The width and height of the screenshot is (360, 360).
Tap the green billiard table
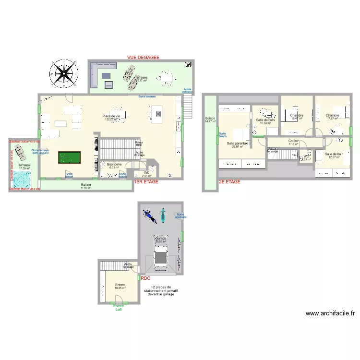[x=70, y=157]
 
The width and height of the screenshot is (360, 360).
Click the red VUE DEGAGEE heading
[x=143, y=57]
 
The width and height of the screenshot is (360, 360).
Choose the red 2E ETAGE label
[x=229, y=182]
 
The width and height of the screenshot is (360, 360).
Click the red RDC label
[x=145, y=277]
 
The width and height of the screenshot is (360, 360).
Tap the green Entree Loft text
[x=118, y=308]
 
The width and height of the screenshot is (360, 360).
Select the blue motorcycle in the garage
[x=150, y=216]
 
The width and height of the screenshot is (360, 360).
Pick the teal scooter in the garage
[x=163, y=214]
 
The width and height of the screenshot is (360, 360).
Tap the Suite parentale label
[x=237, y=144]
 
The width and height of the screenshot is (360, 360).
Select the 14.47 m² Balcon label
[x=210, y=120]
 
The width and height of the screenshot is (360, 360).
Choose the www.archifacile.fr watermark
[x=330, y=313]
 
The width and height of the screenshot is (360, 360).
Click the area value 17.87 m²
[x=332, y=119]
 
